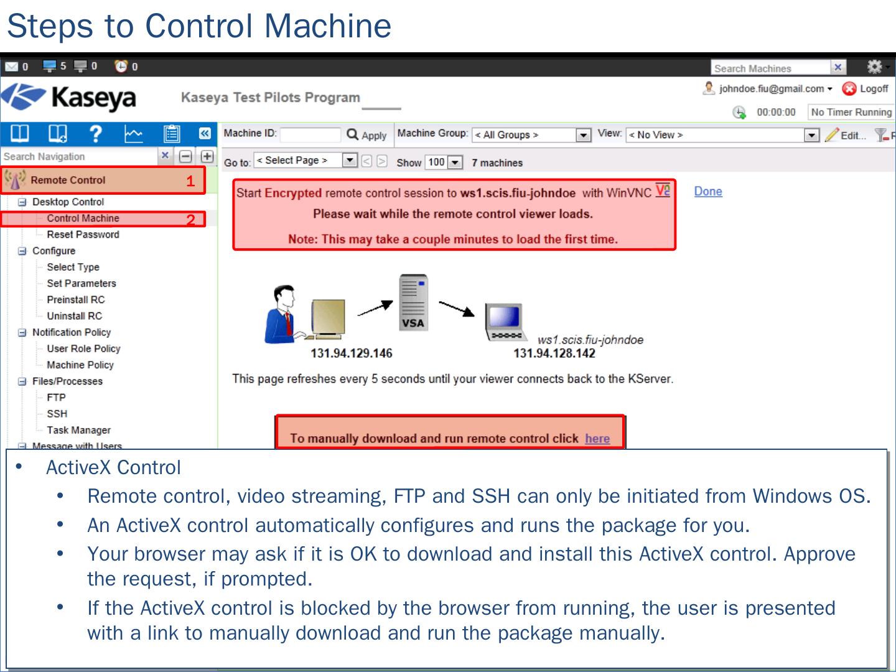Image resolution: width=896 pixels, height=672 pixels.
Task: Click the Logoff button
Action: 866,89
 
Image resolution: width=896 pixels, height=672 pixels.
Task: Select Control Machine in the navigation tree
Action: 83,218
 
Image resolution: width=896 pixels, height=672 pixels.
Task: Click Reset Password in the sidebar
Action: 83,235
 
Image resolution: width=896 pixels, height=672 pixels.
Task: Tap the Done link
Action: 708,192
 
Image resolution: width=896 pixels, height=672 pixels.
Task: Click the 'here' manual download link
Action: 597,439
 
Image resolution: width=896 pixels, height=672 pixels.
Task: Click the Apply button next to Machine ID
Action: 367,135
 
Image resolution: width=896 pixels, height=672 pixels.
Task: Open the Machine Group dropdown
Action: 583,135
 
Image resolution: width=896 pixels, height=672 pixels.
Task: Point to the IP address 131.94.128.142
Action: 554,353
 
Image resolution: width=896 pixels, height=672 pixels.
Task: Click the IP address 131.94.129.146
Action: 352,353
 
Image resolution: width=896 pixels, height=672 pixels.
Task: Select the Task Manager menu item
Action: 78,430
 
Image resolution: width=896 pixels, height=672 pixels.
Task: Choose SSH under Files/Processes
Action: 57,414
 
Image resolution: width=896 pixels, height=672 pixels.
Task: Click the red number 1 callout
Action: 190,181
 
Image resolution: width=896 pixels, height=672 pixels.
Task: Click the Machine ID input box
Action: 310,134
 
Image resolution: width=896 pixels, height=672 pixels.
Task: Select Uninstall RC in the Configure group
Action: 74,316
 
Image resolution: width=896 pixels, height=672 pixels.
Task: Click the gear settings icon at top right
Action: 874,67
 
